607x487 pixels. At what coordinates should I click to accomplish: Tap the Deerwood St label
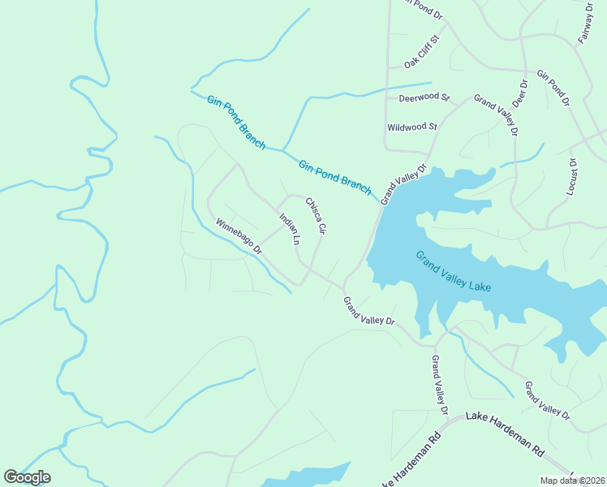tap(424, 98)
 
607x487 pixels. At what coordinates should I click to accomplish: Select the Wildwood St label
tap(412, 127)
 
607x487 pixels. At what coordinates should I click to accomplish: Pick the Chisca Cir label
tap(315, 216)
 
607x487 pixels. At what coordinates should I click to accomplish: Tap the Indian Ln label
tap(290, 230)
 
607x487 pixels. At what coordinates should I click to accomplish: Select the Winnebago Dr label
tap(239, 235)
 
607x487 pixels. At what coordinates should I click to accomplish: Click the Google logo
tap(27, 477)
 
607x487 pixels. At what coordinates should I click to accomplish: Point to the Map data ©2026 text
tap(573, 481)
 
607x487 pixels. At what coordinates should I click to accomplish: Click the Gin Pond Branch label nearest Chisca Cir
tap(334, 178)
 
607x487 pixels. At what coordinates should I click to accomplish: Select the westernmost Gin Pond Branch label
tap(236, 123)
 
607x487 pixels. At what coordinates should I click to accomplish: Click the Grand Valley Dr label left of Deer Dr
tap(496, 114)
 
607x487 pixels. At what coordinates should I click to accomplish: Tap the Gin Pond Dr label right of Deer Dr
tap(553, 88)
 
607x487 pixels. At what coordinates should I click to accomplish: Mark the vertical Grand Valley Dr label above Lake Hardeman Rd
tap(439, 386)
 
